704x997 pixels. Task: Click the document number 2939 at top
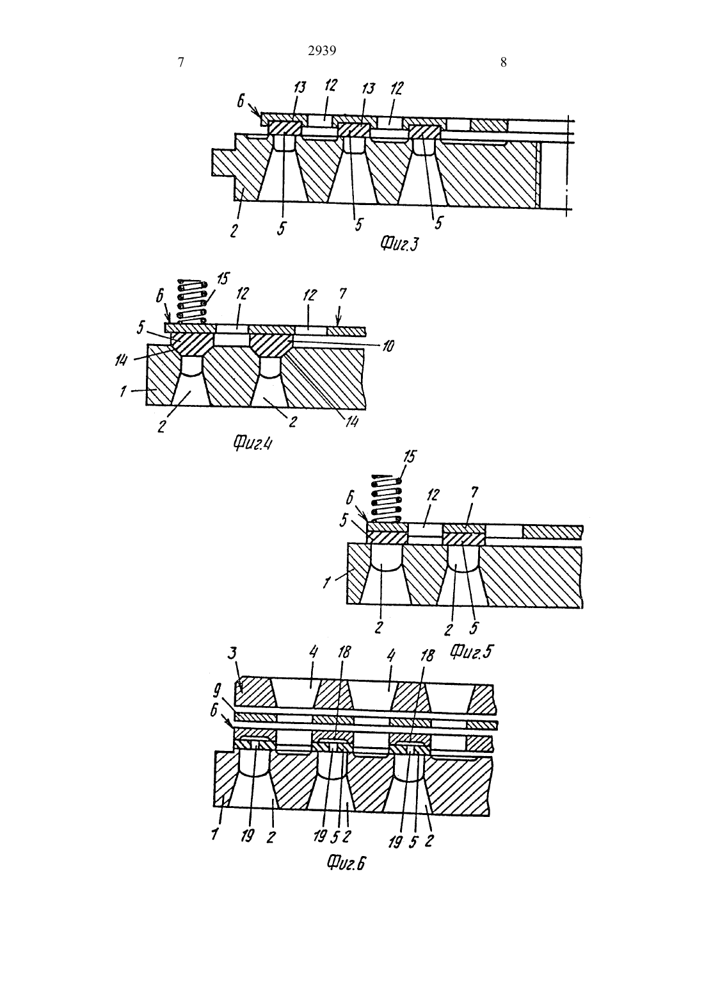[322, 51]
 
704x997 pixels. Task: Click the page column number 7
[181, 63]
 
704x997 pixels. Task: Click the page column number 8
[503, 63]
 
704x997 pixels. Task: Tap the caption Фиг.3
[399, 243]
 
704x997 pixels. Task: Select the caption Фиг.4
[252, 443]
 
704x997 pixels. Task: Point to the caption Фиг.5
[471, 652]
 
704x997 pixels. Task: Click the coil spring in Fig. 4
[192, 302]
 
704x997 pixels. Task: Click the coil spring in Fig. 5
[387, 498]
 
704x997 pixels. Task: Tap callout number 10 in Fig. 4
[388, 346]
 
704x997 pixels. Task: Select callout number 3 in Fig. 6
[232, 665]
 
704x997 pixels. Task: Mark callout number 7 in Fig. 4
[342, 293]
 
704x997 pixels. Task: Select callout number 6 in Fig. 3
[240, 101]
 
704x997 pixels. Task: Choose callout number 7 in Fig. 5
[474, 493]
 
